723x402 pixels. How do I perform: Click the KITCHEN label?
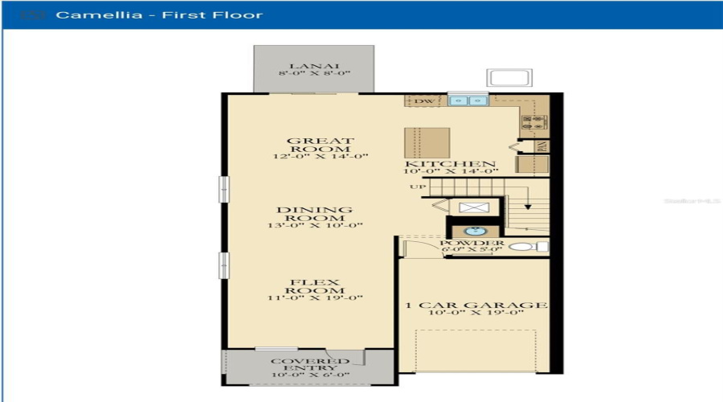click(451, 164)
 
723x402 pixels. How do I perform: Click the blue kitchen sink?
click(468, 101)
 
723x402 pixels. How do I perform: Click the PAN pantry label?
click(544, 146)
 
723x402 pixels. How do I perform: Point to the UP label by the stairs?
click(418, 187)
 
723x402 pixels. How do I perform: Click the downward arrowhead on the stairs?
click(527, 207)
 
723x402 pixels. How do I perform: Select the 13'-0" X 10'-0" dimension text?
click(314, 225)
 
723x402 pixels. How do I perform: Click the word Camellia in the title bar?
click(87, 14)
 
